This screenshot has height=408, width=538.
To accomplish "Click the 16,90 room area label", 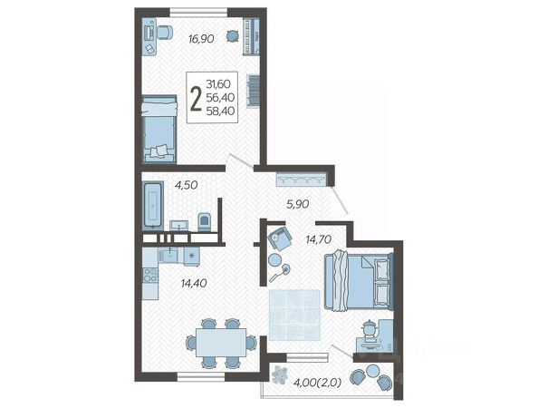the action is (x=201, y=39).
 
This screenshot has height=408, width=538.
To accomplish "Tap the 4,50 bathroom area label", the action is (x=186, y=185).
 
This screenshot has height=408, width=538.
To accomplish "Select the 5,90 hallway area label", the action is (x=298, y=204).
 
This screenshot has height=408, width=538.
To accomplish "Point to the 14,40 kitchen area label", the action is (x=194, y=283).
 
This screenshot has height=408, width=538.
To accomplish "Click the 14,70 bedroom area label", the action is (x=319, y=239).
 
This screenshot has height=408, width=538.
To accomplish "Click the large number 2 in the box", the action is (x=196, y=98).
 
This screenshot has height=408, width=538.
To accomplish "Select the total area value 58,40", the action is (x=221, y=111).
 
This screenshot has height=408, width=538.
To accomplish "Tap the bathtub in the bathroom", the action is (x=153, y=205).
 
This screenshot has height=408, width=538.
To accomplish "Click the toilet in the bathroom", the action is (x=205, y=222).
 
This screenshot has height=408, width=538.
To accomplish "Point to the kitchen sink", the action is (x=168, y=255).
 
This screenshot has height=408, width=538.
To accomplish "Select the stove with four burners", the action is (x=150, y=275).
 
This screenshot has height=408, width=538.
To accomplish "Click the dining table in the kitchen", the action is (x=221, y=343).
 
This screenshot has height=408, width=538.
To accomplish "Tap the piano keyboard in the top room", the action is (x=252, y=36).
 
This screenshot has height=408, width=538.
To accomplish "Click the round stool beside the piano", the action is (x=233, y=35).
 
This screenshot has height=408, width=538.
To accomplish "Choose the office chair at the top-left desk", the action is (x=165, y=33).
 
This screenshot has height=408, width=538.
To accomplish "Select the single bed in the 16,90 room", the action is (x=159, y=129).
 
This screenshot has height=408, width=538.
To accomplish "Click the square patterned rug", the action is (x=294, y=315).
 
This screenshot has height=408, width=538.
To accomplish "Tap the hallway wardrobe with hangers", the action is (x=301, y=180).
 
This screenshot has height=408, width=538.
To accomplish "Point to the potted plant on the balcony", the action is (x=279, y=374).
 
